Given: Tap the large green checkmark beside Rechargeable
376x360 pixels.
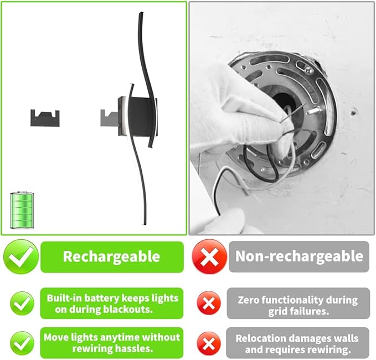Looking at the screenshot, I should coord(20,257).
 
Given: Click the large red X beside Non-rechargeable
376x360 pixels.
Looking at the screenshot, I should coord(209,257).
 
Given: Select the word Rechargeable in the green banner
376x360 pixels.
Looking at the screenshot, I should coord(111,257).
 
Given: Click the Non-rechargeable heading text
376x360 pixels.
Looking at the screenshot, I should coord(299,256).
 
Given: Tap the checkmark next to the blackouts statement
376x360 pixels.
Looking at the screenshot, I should coord(22,303).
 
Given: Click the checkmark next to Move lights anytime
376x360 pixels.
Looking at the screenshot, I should coord(22,343).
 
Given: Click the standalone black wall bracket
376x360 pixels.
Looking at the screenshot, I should coord(45,116).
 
